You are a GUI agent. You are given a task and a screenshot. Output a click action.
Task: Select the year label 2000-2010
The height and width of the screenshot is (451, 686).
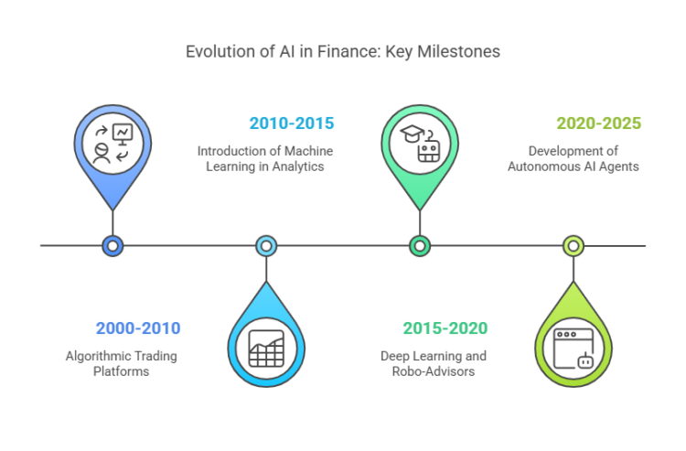click(x=138, y=328)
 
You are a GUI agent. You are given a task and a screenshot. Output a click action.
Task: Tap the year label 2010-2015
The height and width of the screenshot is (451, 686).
click(x=292, y=123)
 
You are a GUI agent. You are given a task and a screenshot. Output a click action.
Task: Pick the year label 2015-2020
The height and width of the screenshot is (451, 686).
click(x=445, y=328)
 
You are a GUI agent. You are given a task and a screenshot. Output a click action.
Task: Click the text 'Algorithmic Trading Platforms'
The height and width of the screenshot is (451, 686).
click(x=122, y=363)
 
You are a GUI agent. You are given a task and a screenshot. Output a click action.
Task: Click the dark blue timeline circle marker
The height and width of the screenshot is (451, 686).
click(x=113, y=245)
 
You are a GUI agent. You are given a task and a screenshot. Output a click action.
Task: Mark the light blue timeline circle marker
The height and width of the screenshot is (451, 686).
click(x=266, y=245)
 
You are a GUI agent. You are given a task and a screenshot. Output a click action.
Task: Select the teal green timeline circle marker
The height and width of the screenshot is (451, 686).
click(x=420, y=245)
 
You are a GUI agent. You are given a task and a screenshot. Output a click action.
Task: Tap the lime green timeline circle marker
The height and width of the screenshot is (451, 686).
click(x=573, y=245)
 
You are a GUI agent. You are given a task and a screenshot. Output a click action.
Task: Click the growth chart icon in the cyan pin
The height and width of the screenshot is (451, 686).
click(x=266, y=347)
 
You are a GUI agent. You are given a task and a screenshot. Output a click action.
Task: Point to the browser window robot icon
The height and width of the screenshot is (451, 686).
click(x=573, y=347)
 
